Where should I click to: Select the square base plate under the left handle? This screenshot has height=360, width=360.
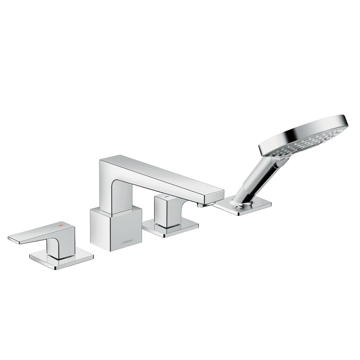pos(62,260)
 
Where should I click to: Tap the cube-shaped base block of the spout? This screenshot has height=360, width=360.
pos(116,227)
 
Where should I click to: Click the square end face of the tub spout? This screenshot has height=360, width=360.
pos(217,196)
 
